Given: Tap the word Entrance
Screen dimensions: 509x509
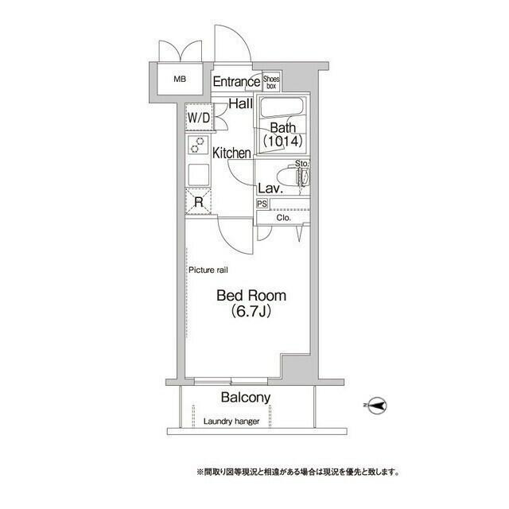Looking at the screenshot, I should click(x=236, y=81).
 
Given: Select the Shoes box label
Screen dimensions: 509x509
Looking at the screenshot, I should click(x=272, y=81).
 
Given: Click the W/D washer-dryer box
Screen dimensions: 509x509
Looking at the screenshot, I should click(x=198, y=119).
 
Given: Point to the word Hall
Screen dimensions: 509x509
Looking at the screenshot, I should click(x=241, y=103).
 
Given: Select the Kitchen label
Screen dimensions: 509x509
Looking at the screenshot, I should click(x=231, y=153).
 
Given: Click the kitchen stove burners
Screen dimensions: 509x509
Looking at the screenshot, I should click(x=196, y=145).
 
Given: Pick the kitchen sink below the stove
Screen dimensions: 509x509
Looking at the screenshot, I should click(x=197, y=173).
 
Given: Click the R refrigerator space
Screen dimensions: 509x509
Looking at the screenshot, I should click(x=198, y=202).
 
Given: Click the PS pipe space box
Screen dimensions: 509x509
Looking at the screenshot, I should click(x=262, y=204).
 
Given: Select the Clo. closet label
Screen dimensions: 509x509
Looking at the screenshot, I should click(x=284, y=217).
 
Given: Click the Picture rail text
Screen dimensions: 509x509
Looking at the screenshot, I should click(x=209, y=270).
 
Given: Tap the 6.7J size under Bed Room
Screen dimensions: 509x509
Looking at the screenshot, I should click(x=252, y=312).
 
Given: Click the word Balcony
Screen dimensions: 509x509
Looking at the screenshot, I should click(x=246, y=398).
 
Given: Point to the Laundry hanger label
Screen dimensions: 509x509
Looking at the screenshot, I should click(x=231, y=421).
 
